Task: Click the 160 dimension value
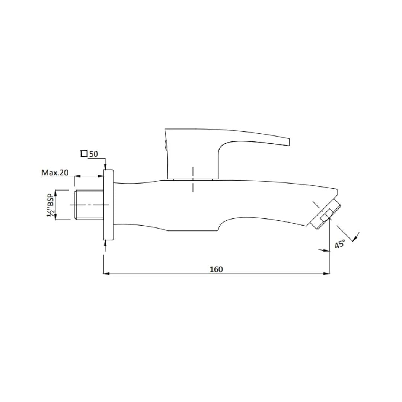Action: (x=216, y=269)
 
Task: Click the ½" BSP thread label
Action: (x=50, y=205)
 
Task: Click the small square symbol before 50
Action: (x=84, y=154)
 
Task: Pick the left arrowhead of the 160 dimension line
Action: (x=105, y=274)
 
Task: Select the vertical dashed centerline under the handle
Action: (x=193, y=180)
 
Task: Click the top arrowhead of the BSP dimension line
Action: (x=56, y=192)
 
